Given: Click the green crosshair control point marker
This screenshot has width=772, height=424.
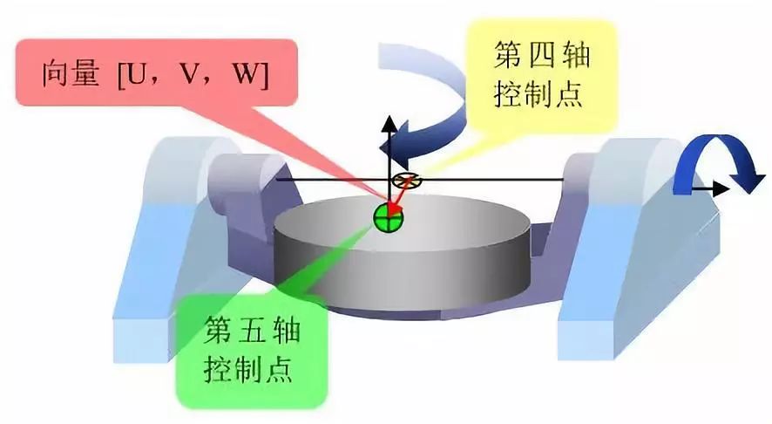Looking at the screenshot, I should pyautogui.click(x=389, y=218).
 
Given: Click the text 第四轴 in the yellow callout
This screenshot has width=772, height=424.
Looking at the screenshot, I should pyautogui.click(x=542, y=55).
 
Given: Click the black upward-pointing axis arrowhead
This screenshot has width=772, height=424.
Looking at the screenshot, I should pyautogui.click(x=389, y=123).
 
